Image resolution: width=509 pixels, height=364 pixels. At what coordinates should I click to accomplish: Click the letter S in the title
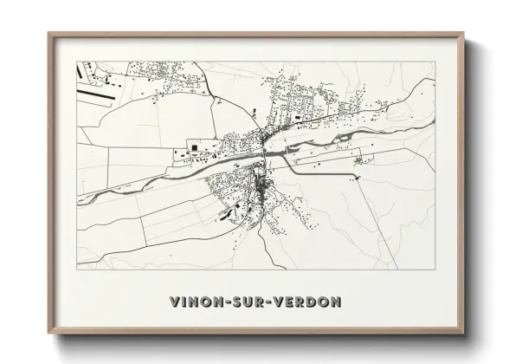240,302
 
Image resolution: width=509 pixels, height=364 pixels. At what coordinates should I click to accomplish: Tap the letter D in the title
316,302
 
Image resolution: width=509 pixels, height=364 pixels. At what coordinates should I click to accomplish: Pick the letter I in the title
181,302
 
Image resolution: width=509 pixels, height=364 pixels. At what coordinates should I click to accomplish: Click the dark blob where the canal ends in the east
356,179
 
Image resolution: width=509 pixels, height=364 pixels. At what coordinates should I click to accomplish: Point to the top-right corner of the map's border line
435,61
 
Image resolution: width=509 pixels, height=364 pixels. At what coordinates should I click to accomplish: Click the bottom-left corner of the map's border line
78,267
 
